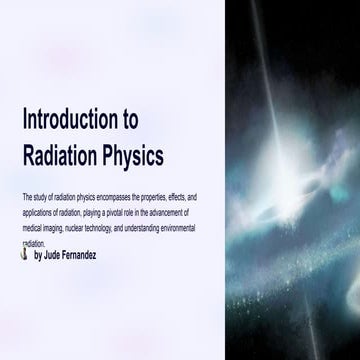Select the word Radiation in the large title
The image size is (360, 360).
click(62, 156)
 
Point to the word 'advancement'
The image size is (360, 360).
click(172, 213)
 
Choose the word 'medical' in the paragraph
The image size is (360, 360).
click(33, 228)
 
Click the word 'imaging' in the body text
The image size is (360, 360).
click(59, 228)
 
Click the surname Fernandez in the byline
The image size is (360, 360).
click(89, 256)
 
